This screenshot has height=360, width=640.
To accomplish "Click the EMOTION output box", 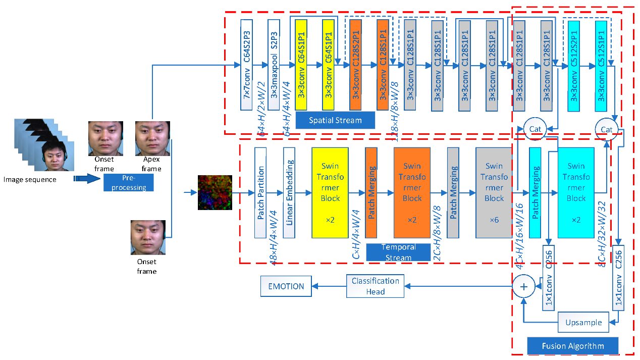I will coord(286,286).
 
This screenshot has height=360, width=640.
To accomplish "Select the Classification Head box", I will coord(375,286).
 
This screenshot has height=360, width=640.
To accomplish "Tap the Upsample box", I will coord(583,322).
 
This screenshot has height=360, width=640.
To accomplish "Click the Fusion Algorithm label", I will coord(572,346).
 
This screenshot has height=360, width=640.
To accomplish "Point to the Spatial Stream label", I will coord(335,120).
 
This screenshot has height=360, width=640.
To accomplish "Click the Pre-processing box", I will coord(129,183).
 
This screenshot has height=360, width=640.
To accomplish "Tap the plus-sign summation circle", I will coord(524,286).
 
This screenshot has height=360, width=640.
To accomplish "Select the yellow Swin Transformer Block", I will coord(330,192).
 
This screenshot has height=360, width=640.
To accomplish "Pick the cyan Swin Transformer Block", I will coord(576,192).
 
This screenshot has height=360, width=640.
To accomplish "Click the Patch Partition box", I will coord(260,192).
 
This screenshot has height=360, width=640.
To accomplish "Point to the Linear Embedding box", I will coord(289,192).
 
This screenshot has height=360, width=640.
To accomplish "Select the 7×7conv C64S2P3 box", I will coord(246,65).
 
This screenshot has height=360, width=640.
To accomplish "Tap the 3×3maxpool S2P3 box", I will coord(274,65).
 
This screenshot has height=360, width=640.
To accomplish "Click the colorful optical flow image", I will coord(215,192).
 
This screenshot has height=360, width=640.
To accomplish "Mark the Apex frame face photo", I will coord(152,139).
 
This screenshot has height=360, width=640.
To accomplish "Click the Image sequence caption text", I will coord(30,179).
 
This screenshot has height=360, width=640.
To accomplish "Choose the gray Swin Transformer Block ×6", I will coord(494,192).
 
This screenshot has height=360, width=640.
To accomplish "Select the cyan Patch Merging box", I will coord(535,192).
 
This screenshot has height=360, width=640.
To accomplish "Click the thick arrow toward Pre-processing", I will coord(87,178).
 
